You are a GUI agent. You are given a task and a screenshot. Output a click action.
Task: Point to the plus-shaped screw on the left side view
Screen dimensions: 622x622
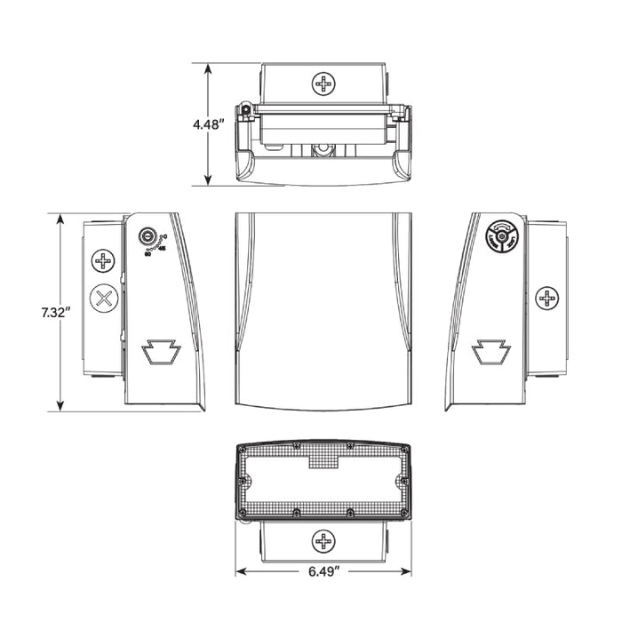point(105,261)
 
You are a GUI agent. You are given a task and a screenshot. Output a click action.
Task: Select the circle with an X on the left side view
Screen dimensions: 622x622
point(105,298)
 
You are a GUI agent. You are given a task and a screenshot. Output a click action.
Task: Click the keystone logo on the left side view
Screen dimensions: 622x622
point(162,353)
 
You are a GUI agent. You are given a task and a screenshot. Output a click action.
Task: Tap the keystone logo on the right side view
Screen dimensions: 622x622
point(487,353)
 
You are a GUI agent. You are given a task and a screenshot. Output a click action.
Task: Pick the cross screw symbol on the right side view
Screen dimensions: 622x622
point(548,299)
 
